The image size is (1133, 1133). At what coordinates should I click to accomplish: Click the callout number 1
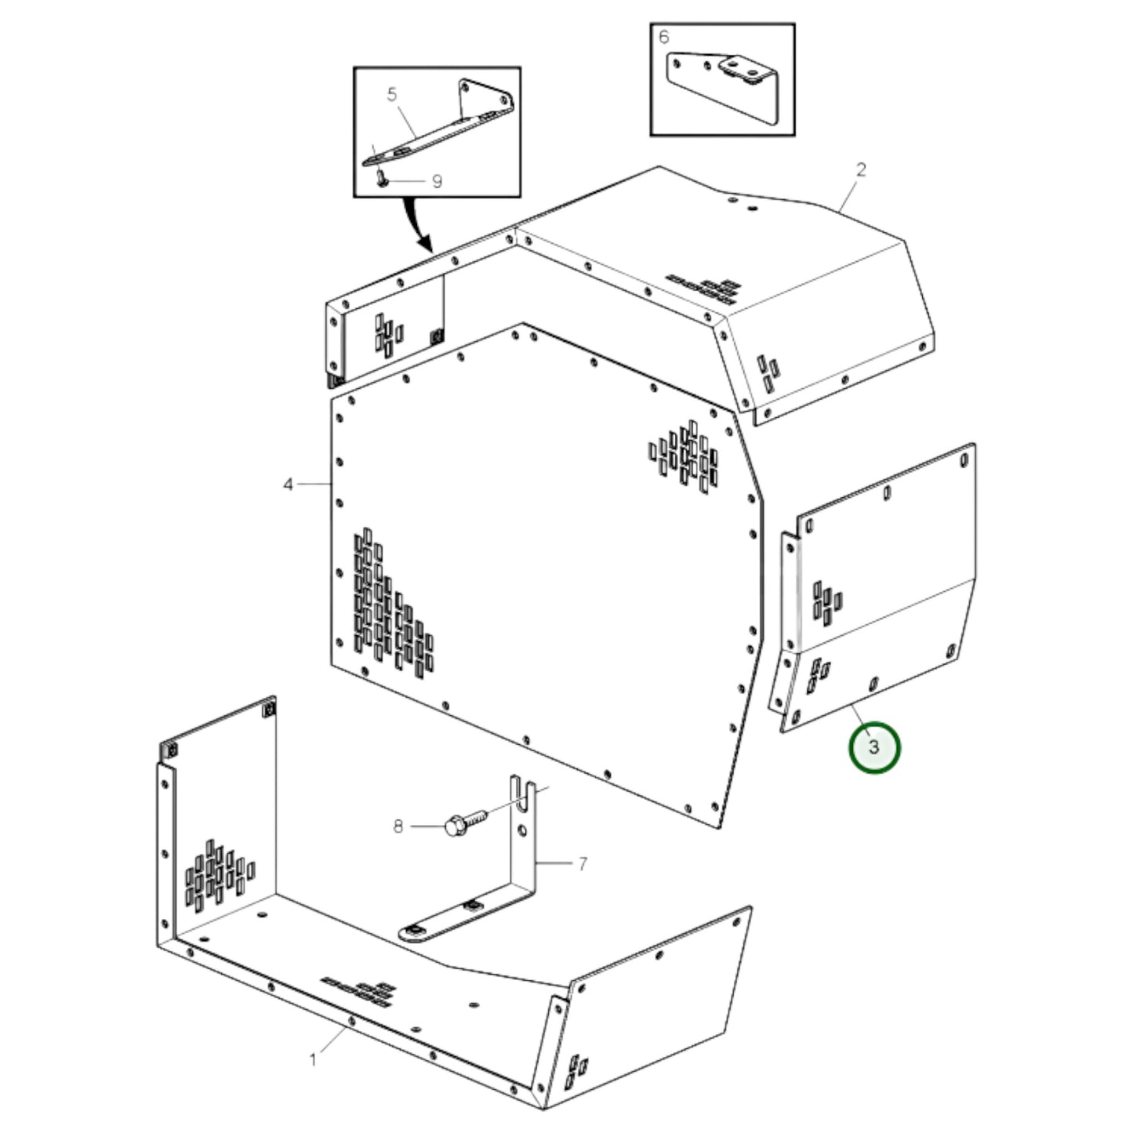tap(313, 1060)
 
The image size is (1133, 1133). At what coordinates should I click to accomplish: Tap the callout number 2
tap(861, 169)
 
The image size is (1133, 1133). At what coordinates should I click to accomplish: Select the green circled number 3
tap(874, 747)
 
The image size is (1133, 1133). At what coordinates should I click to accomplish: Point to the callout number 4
tap(288, 485)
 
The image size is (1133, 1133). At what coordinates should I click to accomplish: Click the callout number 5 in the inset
tap(392, 95)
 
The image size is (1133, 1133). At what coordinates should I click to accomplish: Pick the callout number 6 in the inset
tap(664, 38)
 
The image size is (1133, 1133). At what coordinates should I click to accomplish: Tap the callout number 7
tap(582, 864)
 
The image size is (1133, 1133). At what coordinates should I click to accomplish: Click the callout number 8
tap(398, 826)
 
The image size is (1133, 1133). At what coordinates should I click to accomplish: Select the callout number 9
tap(437, 182)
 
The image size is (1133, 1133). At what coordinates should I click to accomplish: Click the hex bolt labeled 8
tap(463, 823)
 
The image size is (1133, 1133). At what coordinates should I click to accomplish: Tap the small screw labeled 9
tap(381, 178)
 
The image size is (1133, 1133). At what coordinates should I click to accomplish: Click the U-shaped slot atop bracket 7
tap(522, 788)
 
